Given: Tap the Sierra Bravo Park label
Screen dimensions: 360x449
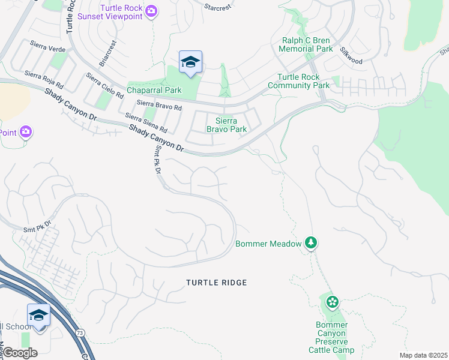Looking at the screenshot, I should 226,124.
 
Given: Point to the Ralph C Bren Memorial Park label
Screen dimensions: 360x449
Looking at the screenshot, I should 307,44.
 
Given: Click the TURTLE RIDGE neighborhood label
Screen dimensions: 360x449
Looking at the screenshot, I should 216,283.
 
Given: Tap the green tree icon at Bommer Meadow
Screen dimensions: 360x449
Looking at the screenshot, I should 311,243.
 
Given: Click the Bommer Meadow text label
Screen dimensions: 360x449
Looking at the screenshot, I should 268,244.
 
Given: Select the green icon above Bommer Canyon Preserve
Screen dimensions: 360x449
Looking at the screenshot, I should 332,302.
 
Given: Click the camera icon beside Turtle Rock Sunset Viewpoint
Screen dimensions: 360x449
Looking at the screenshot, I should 152,11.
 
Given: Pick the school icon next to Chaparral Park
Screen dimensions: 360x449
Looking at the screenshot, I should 190,62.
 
